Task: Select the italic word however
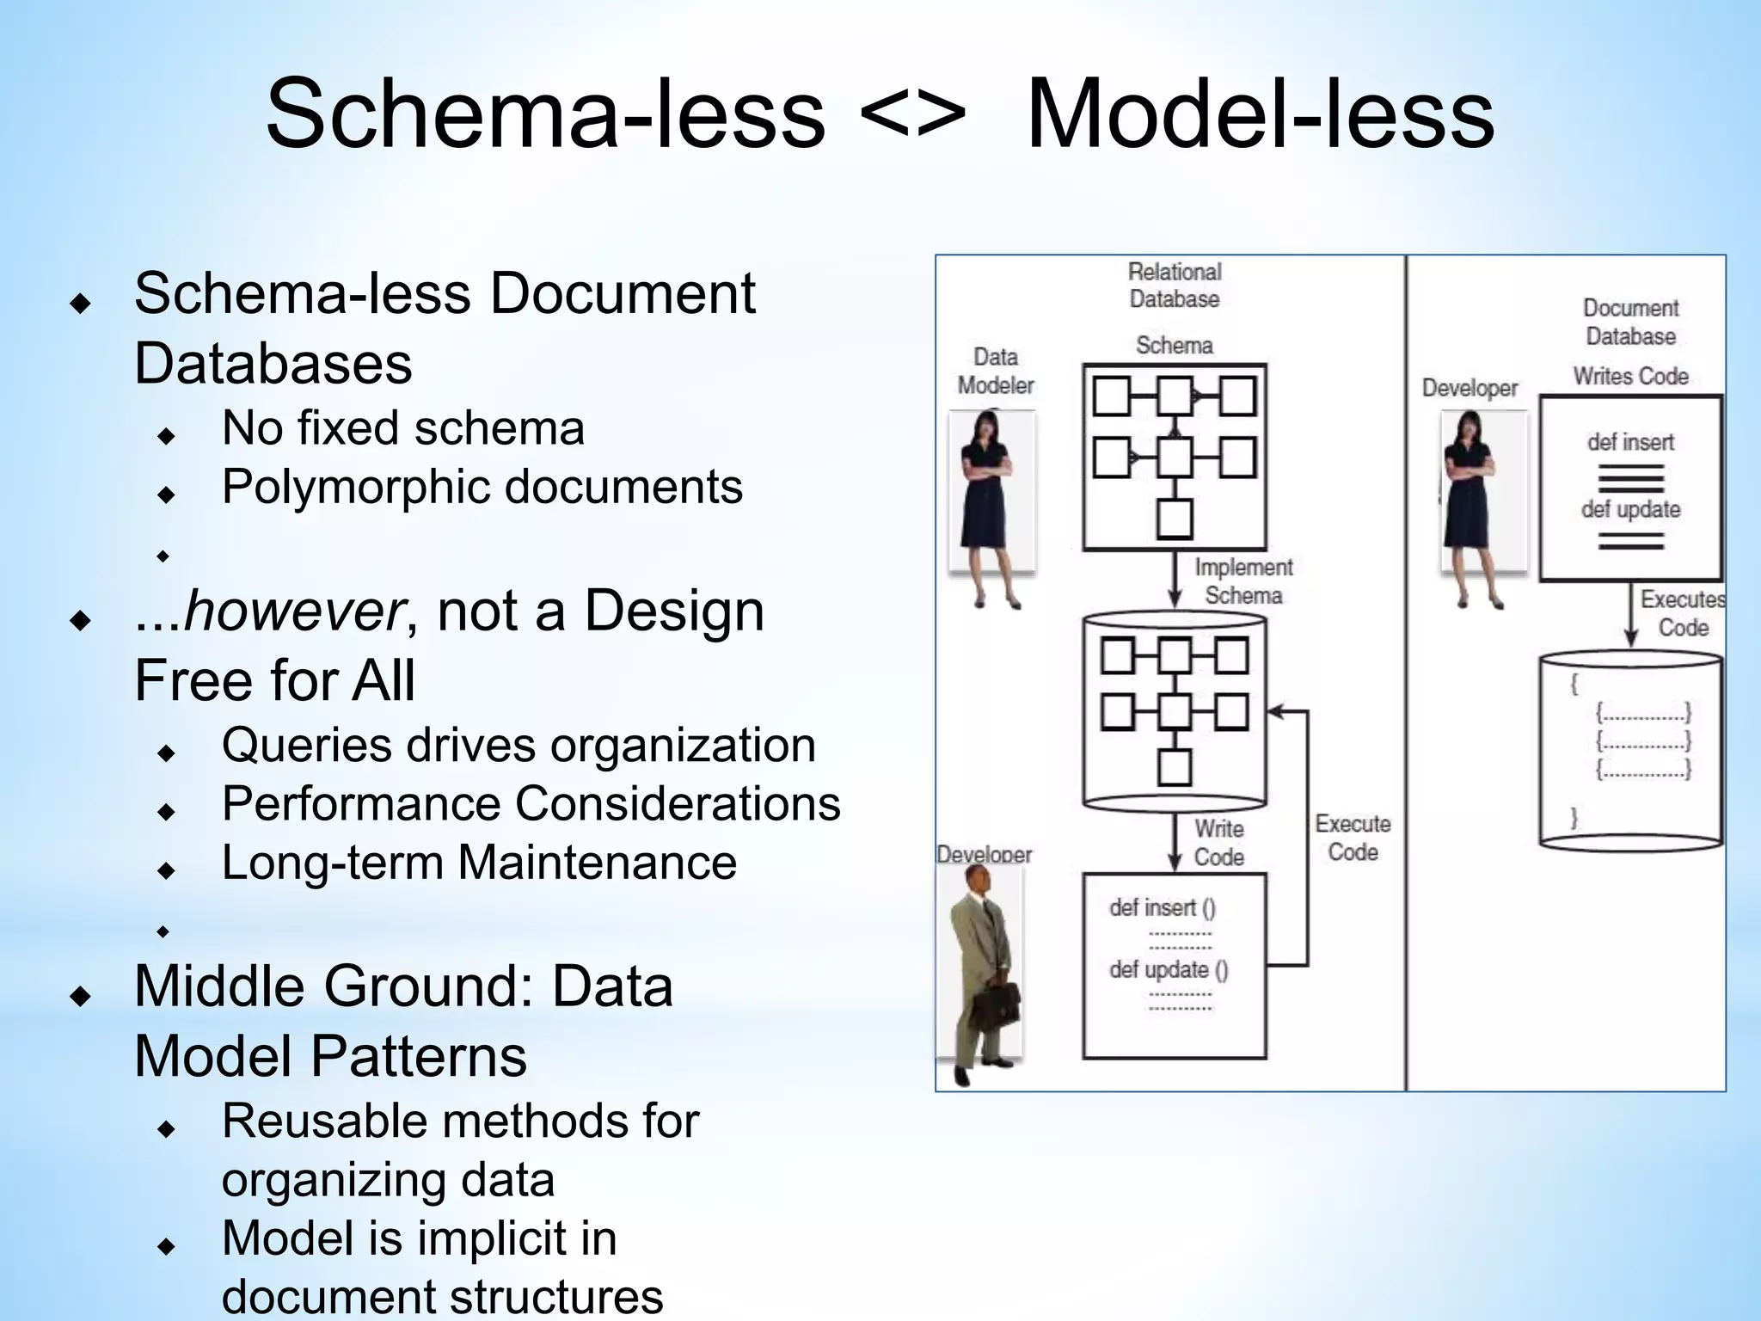click(293, 611)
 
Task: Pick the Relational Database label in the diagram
click(1175, 286)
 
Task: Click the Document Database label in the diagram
click(1630, 322)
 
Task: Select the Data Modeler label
click(996, 371)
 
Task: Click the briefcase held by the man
click(999, 1005)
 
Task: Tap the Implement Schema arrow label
click(1243, 581)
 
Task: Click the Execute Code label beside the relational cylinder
click(1353, 838)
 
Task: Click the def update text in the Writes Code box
click(1630, 509)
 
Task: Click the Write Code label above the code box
click(1218, 843)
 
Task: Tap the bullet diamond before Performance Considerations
click(167, 811)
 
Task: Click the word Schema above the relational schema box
click(1175, 346)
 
